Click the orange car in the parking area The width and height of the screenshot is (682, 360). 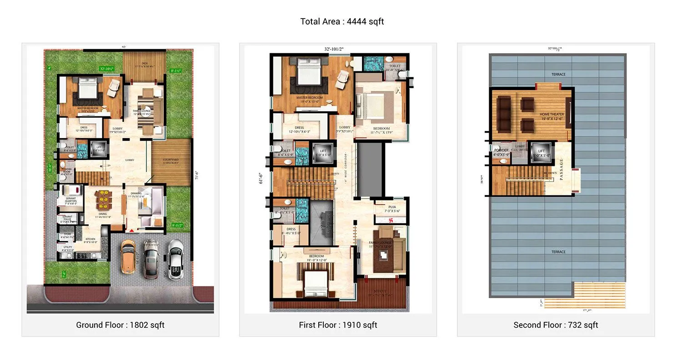pyautogui.click(x=128, y=256)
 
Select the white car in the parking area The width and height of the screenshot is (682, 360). pyautogui.click(x=175, y=259)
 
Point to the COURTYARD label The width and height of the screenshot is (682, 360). pyautogui.click(x=170, y=160)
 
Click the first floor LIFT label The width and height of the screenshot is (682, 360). pyautogui.click(x=323, y=151)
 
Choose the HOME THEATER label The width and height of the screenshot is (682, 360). pyautogui.click(x=551, y=115)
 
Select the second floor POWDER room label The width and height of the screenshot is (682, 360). pyautogui.click(x=501, y=150)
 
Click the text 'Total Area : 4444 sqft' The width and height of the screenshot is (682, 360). pyautogui.click(x=342, y=21)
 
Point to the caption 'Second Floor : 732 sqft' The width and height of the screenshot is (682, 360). pyautogui.click(x=556, y=325)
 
